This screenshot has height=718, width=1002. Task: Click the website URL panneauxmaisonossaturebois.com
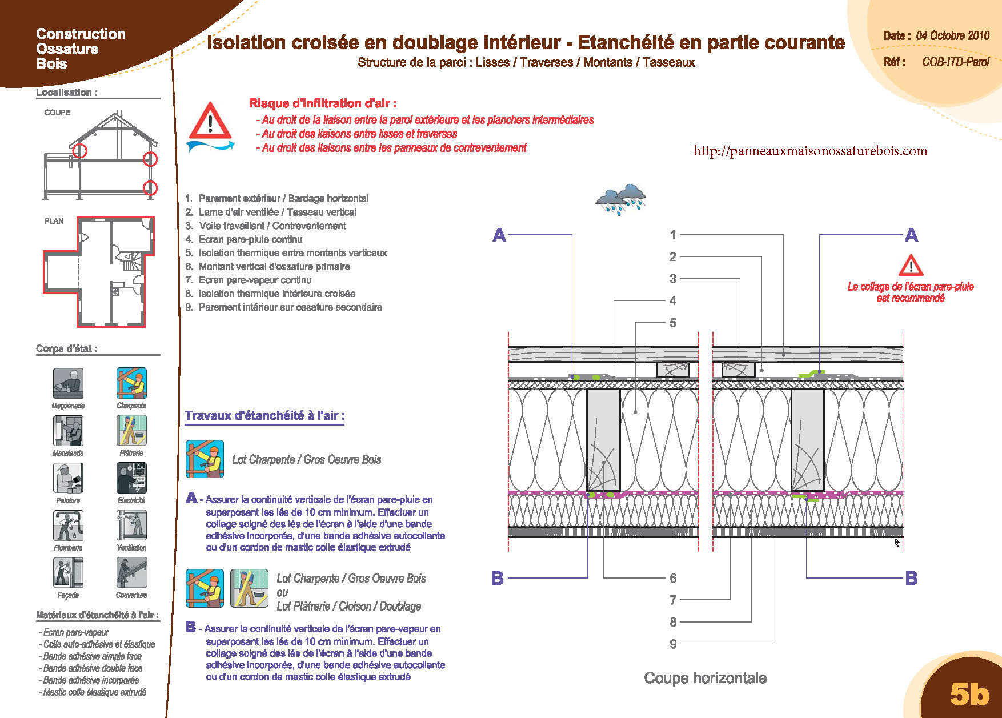coord(810,151)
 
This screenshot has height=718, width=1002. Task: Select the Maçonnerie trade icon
coord(68,383)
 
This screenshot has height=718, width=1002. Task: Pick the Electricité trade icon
coord(131,478)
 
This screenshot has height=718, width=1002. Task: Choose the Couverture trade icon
coord(131,572)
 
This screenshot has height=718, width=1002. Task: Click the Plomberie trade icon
coord(68,525)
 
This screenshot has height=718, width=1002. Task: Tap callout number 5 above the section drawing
coord(673,323)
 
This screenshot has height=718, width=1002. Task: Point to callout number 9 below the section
coord(673,644)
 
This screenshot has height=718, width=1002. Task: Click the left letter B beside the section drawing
coord(498,578)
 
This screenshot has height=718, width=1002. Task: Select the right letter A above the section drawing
coord(911,235)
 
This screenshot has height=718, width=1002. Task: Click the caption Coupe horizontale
coord(706,678)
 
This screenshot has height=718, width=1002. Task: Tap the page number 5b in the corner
coord(969,693)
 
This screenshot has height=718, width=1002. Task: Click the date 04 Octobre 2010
coord(953,35)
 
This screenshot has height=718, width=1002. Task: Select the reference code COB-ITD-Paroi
coord(956,62)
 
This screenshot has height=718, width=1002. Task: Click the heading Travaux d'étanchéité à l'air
coord(265,416)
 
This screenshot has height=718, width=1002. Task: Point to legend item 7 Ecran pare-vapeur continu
coord(249,280)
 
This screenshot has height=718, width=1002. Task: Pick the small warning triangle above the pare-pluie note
coord(911,265)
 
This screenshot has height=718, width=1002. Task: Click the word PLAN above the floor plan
coord(54,221)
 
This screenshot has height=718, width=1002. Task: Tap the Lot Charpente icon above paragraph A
coord(205,459)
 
